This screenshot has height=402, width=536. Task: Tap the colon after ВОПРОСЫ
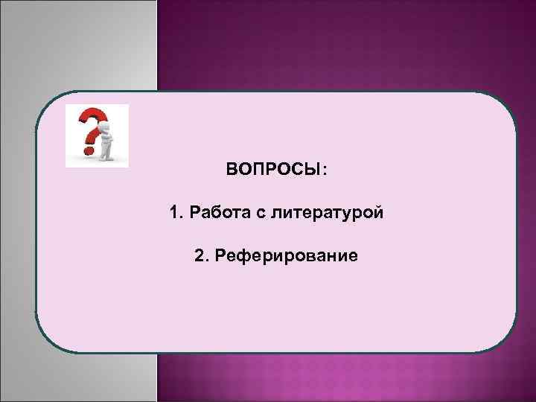pyautogui.click(x=323, y=170)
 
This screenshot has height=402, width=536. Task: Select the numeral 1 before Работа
pyautogui.click(x=173, y=213)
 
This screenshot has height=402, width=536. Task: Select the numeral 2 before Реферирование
pyautogui.click(x=197, y=256)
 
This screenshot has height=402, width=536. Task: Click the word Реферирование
pyautogui.click(x=286, y=257)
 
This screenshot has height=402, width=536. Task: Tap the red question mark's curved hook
pyautogui.click(x=92, y=119)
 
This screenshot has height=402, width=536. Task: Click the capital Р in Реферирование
pyautogui.click(x=219, y=256)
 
